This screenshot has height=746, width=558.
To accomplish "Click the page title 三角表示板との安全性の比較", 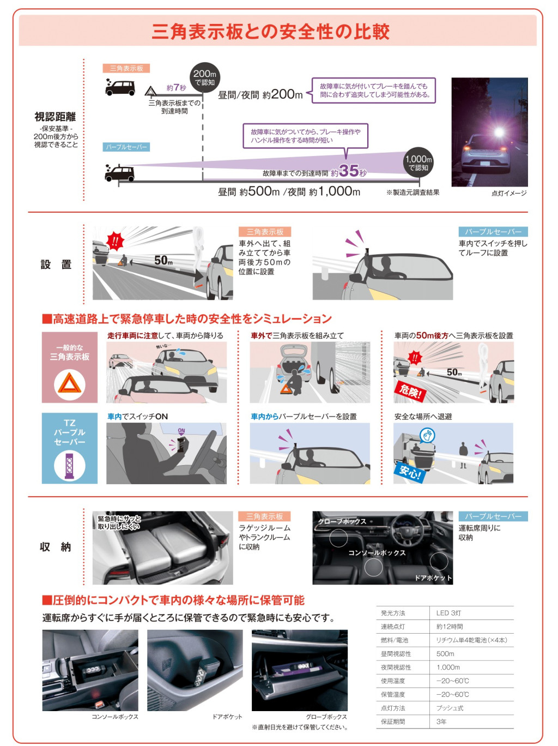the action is (x=270, y=32).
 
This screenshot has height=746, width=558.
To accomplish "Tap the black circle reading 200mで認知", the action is (x=204, y=78).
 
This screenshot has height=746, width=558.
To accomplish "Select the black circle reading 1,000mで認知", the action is (x=418, y=163).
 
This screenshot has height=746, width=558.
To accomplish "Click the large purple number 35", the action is (x=349, y=171).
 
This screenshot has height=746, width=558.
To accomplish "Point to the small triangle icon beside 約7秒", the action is (x=150, y=91).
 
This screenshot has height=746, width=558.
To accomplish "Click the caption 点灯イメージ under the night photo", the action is (x=509, y=193).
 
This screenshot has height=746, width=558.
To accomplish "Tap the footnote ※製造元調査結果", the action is (x=413, y=192).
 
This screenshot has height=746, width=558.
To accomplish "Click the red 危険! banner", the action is (x=410, y=392).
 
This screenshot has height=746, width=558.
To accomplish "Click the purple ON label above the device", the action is (x=181, y=431).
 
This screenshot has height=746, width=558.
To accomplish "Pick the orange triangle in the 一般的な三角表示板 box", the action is (x=70, y=383).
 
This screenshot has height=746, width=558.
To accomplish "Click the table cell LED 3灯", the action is (x=448, y=613).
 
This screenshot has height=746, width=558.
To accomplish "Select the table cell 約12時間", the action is (x=450, y=627).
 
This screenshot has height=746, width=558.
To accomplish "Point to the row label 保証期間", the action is (x=392, y=721).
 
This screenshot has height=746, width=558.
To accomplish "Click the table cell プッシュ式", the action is (x=450, y=708).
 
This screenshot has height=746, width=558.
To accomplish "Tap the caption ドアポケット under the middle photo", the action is (x=227, y=717).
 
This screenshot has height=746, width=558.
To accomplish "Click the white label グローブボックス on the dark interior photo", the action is (x=342, y=521).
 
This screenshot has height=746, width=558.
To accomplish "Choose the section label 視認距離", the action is (x=55, y=117).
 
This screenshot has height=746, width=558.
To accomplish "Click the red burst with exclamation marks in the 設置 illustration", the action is (x=115, y=240).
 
